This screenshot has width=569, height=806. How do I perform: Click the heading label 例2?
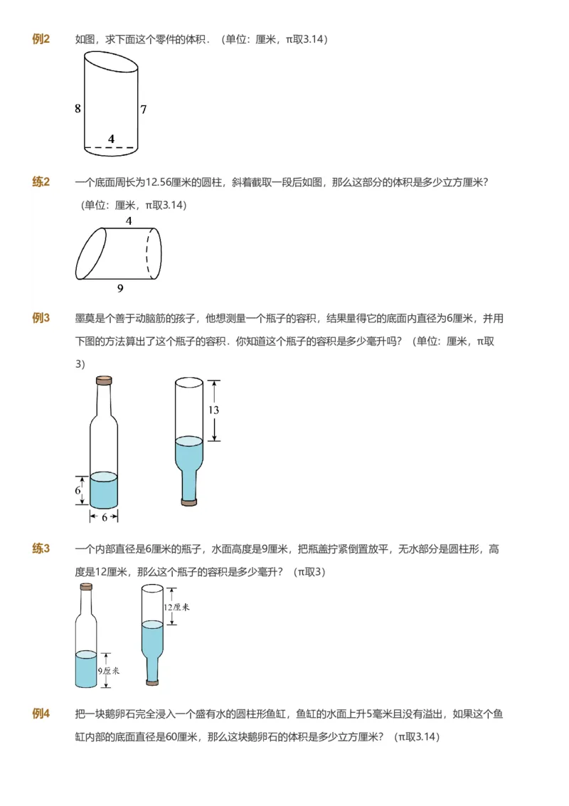click(x=41, y=39)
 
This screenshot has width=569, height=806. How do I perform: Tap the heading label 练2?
click(x=41, y=182)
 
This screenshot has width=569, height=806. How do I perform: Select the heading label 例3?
click(x=41, y=317)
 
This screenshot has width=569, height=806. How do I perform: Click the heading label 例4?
click(x=41, y=714)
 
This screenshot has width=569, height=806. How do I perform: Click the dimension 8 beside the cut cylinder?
click(x=78, y=109)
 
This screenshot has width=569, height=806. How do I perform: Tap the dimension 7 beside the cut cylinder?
click(x=143, y=110)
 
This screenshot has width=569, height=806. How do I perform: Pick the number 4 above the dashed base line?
click(x=111, y=139)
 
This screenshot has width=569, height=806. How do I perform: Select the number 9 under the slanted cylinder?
click(x=120, y=288)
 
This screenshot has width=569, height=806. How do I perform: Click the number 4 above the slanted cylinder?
click(x=129, y=221)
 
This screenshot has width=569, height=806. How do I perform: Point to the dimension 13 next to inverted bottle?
click(x=213, y=410)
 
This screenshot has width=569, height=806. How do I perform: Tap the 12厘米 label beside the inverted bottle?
click(x=176, y=607)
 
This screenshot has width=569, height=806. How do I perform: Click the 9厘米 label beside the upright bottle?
click(x=110, y=670)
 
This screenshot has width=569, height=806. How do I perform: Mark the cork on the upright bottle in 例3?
click(x=104, y=380)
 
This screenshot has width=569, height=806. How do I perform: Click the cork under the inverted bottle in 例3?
click(x=189, y=502)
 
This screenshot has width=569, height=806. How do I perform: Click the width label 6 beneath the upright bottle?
click(x=104, y=517)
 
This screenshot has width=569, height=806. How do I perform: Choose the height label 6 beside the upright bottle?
click(x=79, y=491)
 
